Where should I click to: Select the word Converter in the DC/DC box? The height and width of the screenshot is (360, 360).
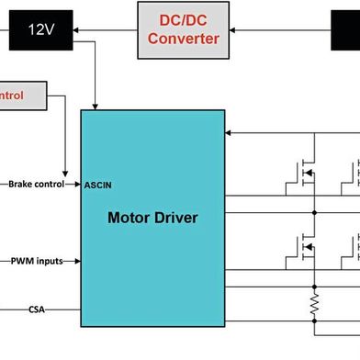184,39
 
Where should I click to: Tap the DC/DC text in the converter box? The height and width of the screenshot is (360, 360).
184,21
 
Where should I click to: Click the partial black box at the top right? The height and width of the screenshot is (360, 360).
345,30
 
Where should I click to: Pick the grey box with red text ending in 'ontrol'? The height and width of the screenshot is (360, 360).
23,95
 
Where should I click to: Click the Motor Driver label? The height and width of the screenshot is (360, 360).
152,218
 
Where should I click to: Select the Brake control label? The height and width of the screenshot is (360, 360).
37,184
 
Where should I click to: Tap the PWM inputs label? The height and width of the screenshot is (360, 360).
37,261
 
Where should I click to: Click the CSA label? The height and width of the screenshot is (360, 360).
37,309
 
